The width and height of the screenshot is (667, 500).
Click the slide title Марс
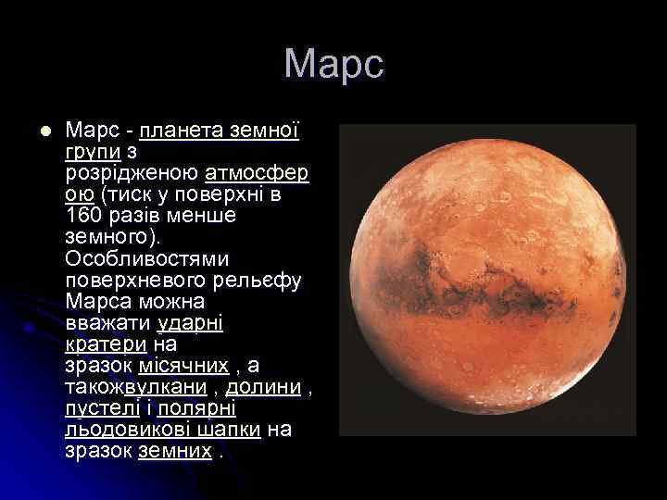pos(333,65)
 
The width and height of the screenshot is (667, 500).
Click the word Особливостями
pos(147,257)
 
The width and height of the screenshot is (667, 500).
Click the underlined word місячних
pos(190,366)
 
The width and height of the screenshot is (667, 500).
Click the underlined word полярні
pos(196,408)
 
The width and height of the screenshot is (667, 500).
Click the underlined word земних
pos(175,451)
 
